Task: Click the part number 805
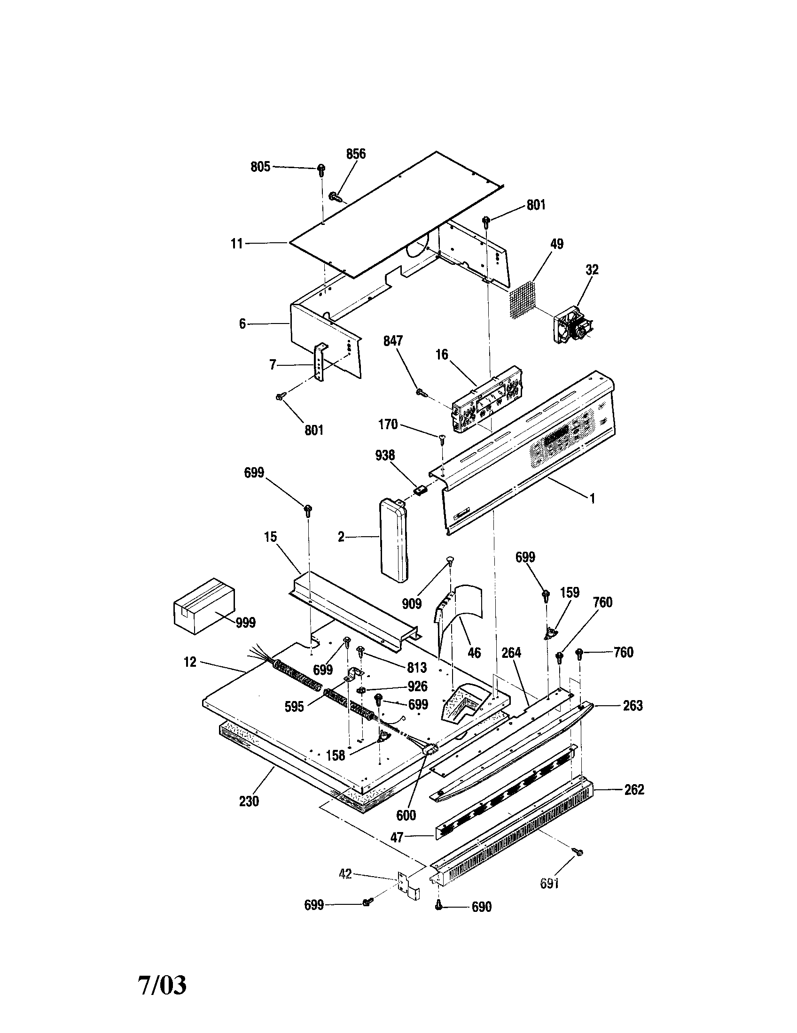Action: click(x=260, y=167)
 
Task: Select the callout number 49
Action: click(x=557, y=244)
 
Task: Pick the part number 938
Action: click(x=385, y=455)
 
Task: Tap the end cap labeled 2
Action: click(x=393, y=541)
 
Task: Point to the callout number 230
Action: click(x=249, y=801)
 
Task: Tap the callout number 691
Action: click(x=549, y=883)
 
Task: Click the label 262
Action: click(x=634, y=789)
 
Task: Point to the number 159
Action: click(x=570, y=593)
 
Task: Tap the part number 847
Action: click(x=393, y=340)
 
